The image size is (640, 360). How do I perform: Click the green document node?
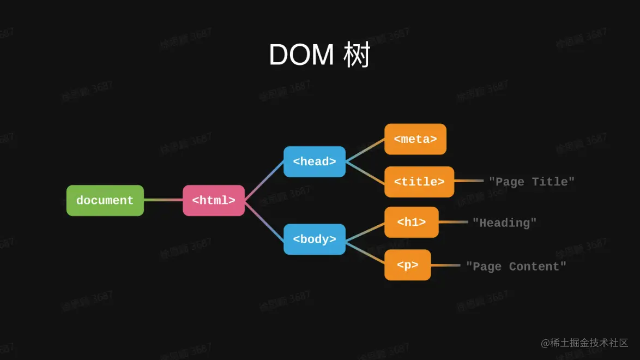(105, 201)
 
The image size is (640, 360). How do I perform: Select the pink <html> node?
(214, 201)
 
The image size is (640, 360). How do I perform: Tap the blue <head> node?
(315, 161)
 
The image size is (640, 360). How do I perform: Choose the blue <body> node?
(315, 239)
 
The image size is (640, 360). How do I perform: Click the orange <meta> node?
(415, 139)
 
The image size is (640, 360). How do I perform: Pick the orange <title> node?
(419, 182)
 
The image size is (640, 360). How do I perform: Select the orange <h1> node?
(412, 223)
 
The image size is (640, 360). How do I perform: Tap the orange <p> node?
(408, 265)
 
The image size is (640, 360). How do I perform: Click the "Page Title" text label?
(532, 182)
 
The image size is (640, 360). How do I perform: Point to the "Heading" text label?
(504, 223)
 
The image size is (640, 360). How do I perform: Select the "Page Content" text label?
(516, 266)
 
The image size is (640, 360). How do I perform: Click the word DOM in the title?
(301, 55)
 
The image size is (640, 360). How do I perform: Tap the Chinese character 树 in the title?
(357, 55)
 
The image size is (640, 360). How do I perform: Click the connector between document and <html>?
(163, 200)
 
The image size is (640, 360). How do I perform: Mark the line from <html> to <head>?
(264, 182)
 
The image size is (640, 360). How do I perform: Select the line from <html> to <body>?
(264, 220)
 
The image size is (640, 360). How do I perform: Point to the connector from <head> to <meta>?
(365, 151)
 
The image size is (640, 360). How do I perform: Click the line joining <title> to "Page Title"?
(469, 181)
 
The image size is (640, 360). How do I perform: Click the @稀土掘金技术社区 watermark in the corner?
(584, 343)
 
